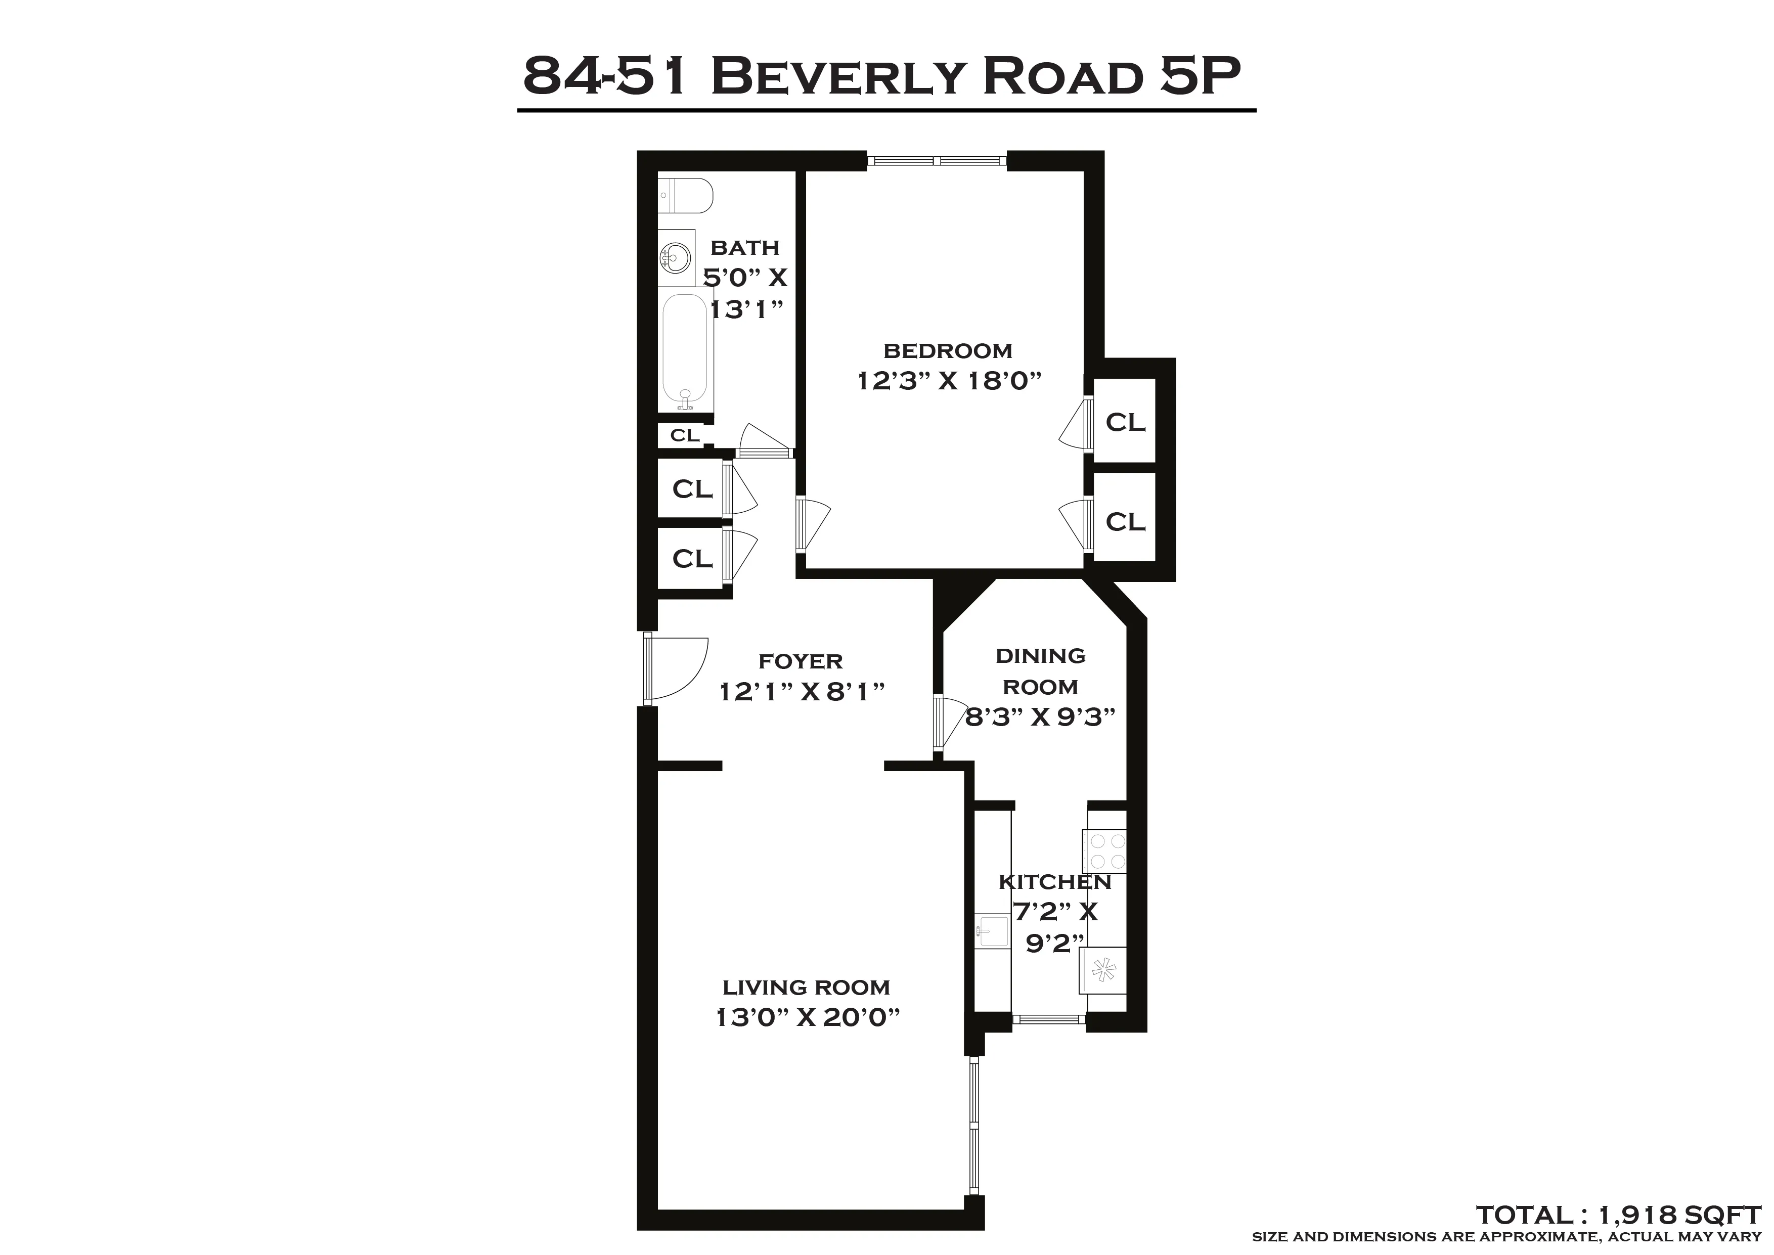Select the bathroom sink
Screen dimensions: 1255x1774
pyautogui.click(x=675, y=256)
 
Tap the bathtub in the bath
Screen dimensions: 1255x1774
pyautogui.click(x=685, y=351)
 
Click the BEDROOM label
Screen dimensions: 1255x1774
pyautogui.click(x=947, y=351)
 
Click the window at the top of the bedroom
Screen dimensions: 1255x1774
pyautogui.click(x=937, y=161)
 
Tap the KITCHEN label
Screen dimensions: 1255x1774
pyautogui.click(x=1055, y=882)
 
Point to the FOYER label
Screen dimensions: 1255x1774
pyautogui.click(x=801, y=661)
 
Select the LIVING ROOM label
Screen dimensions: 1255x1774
pyautogui.click(x=806, y=988)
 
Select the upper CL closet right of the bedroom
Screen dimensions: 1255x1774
pyautogui.click(x=1125, y=422)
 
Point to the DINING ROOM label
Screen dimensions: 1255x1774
pyautogui.click(x=1040, y=671)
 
